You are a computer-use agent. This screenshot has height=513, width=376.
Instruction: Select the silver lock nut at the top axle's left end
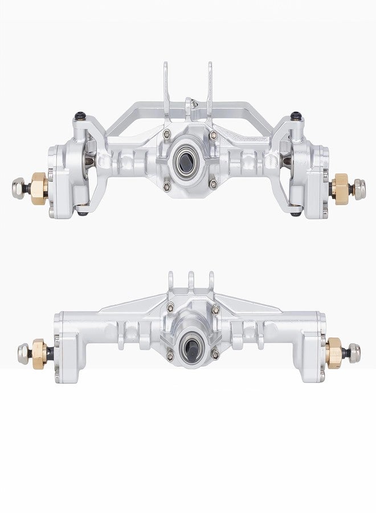(18, 186)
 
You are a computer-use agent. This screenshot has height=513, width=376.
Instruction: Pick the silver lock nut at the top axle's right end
(359, 186)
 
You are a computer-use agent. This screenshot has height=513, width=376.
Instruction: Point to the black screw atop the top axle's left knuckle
(78, 117)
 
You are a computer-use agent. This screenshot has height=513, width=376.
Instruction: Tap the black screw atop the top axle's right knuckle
(295, 116)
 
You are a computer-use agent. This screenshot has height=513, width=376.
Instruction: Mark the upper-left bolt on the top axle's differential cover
(166, 135)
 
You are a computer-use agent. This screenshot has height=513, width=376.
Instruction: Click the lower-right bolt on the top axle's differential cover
(213, 184)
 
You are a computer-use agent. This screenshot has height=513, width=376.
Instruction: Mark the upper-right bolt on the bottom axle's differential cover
(215, 309)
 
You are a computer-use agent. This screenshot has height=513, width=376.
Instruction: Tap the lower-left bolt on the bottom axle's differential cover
(169, 356)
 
